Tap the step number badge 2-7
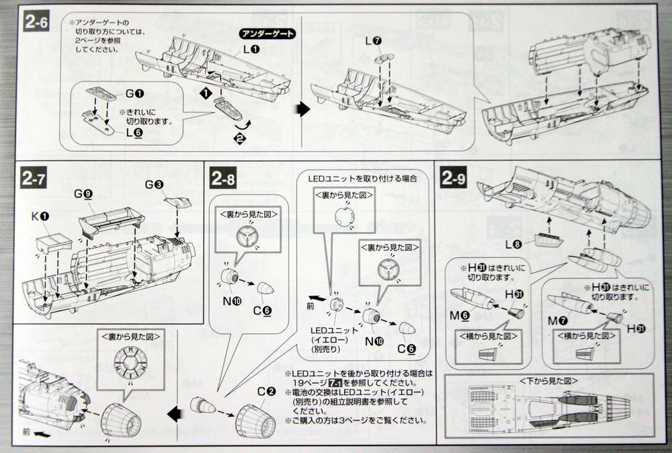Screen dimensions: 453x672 [33, 180]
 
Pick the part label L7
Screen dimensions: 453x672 [374, 42]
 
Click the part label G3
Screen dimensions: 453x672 [154, 183]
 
